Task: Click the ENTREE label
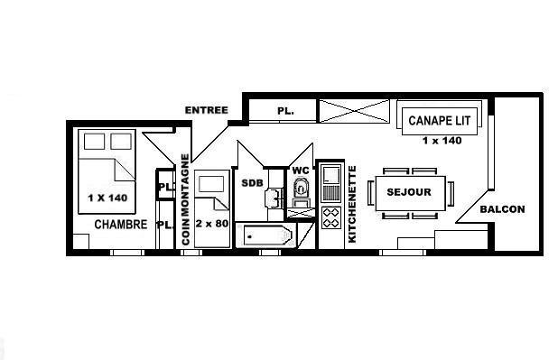(x=207, y=110)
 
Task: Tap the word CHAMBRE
(x=121, y=225)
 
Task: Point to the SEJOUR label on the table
(x=409, y=192)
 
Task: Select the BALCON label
(x=502, y=209)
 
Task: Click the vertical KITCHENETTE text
(x=351, y=204)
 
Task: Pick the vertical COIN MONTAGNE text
(x=185, y=199)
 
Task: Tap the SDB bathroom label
(x=252, y=183)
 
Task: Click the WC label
(x=301, y=171)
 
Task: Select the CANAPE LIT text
(x=440, y=121)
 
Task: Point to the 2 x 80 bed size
(x=212, y=224)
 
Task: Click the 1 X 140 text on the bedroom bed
(x=107, y=198)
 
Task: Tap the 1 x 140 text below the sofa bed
(x=442, y=141)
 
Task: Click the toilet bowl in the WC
(x=301, y=188)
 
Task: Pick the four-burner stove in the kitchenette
(x=331, y=217)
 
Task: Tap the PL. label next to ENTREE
(x=285, y=111)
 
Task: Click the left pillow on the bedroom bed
(x=94, y=142)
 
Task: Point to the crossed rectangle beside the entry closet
(x=354, y=111)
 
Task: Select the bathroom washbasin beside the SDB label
(x=274, y=198)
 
